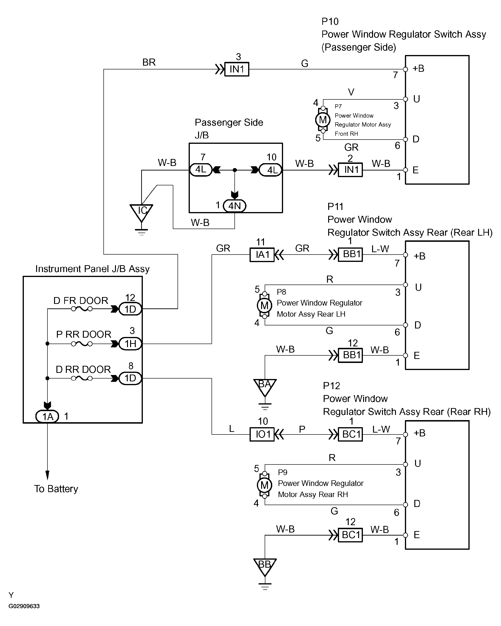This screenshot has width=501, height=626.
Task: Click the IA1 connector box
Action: [262, 255]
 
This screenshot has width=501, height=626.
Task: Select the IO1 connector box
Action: [262, 434]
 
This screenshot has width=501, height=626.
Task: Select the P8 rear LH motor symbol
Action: [264, 305]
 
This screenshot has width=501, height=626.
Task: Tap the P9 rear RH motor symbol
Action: [264, 485]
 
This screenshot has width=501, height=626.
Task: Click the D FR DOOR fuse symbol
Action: [82, 309]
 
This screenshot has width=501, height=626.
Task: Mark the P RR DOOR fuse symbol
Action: [82, 344]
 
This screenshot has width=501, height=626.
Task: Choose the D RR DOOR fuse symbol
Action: [82, 378]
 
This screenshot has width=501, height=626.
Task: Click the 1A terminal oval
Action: [47, 416]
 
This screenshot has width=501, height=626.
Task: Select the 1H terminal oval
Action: [130, 344]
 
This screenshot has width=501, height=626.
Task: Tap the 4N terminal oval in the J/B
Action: [234, 206]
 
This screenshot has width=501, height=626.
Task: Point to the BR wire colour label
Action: [149, 62]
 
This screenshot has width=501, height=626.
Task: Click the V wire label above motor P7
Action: [351, 92]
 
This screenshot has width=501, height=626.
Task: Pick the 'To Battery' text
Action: [56, 489]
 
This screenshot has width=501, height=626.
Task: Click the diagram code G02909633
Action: [24, 606]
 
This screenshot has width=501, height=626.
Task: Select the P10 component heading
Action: [330, 21]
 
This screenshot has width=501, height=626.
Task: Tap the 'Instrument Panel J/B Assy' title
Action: [92, 269]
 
